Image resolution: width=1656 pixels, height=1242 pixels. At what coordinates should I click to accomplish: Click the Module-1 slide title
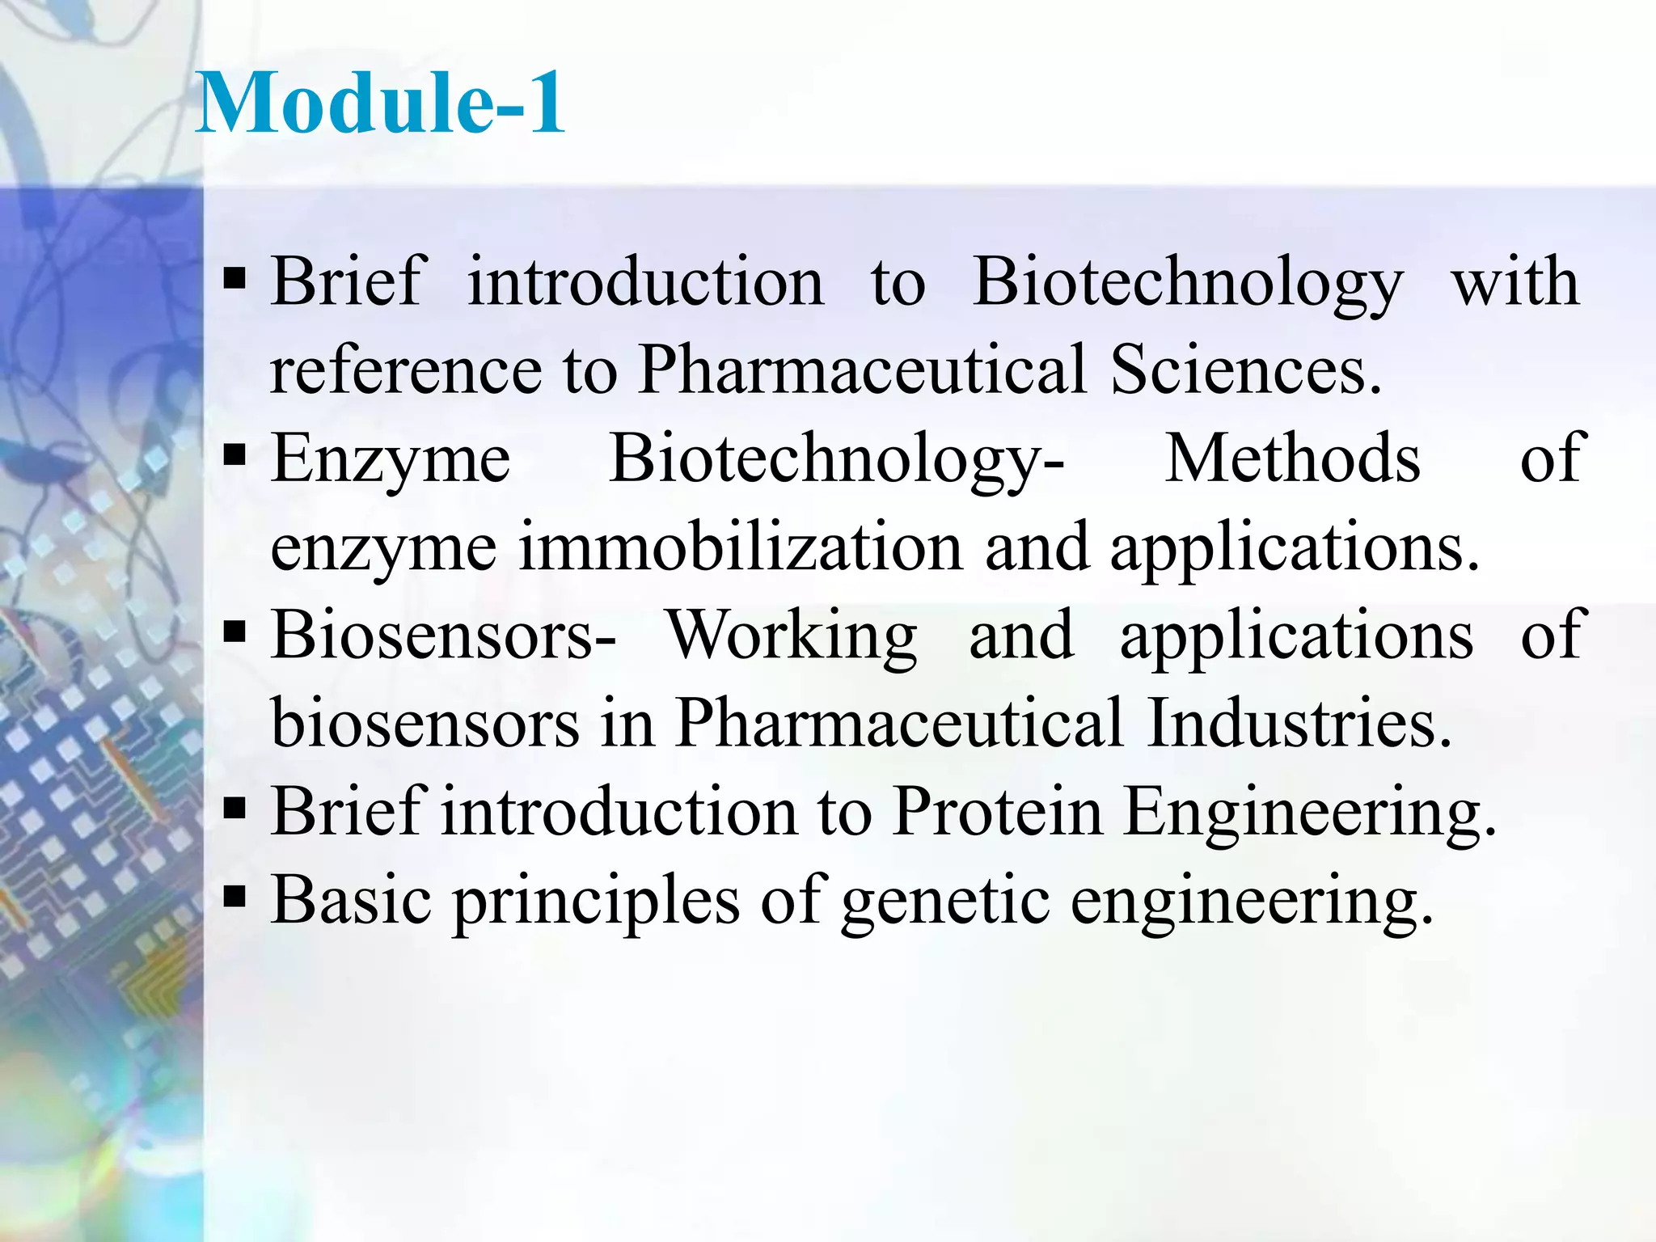click(380, 103)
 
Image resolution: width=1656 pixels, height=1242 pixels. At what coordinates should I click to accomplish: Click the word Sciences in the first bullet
click(1245, 370)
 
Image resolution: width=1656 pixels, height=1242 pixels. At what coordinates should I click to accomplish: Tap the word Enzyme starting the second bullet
click(391, 459)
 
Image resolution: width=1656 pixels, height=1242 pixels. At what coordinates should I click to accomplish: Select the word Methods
click(1291, 458)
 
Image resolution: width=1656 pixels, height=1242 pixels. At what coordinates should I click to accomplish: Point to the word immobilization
click(740, 547)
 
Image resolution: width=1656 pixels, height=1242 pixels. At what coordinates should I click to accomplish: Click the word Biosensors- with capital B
click(443, 635)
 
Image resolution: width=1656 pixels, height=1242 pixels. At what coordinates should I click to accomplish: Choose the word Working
click(791, 635)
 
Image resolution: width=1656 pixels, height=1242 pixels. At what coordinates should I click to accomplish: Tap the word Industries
click(1299, 722)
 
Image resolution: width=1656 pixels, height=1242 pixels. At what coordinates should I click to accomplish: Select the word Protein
click(998, 810)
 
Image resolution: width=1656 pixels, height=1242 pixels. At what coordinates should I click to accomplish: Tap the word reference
click(405, 370)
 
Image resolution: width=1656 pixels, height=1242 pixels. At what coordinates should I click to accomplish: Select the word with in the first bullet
click(1515, 281)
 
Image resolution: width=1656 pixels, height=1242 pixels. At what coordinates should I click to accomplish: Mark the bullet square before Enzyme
click(234, 456)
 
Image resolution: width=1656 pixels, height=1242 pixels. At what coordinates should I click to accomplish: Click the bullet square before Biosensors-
click(234, 632)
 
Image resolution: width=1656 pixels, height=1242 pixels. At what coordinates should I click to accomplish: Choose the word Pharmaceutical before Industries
click(898, 722)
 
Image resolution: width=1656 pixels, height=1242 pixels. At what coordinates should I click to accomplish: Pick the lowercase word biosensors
click(425, 722)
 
